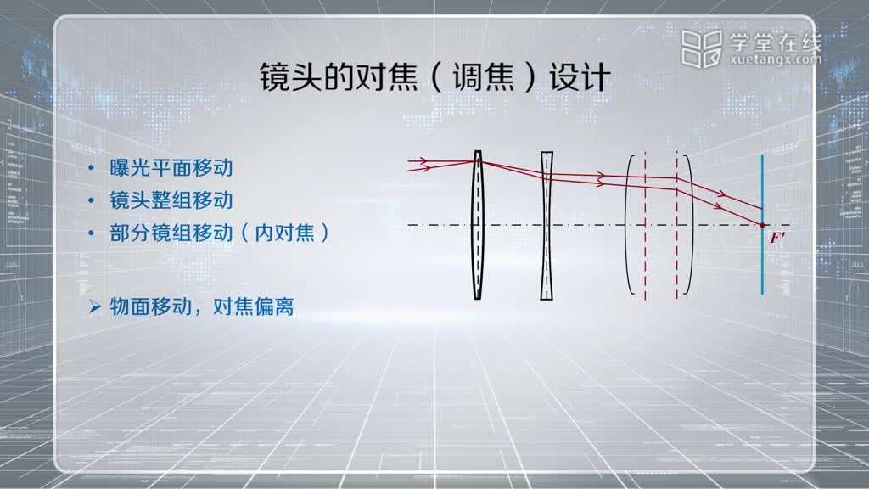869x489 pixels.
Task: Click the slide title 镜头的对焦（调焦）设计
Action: click(x=435, y=77)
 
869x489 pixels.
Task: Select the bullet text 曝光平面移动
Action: click(x=171, y=168)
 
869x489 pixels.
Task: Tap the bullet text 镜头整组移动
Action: click(x=171, y=200)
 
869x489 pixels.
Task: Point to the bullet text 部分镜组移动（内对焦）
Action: click(x=220, y=233)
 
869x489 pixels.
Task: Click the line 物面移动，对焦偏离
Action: click(x=202, y=306)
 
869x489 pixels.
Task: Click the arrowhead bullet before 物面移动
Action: click(x=95, y=306)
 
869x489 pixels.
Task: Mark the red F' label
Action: click(x=777, y=238)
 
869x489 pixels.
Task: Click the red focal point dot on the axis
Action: click(x=763, y=225)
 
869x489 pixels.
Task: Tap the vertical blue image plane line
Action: click(x=763, y=224)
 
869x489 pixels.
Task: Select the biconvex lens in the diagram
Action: click(x=477, y=224)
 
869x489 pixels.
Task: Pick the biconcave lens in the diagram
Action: click(x=547, y=226)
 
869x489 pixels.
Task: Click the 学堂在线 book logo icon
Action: click(x=702, y=48)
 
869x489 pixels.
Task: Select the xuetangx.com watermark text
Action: click(x=776, y=59)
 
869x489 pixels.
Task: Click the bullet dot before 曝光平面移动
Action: click(x=92, y=168)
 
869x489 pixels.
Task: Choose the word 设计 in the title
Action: click(x=580, y=77)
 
